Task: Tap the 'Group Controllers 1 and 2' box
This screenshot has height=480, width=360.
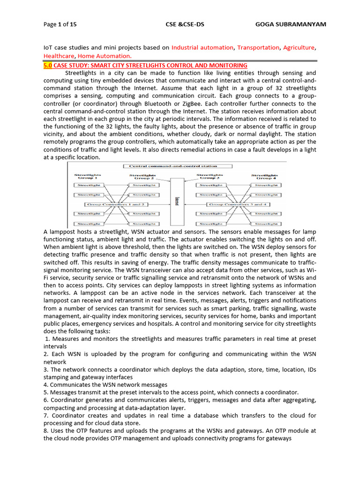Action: point(111,204)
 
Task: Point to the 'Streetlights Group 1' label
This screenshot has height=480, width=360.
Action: point(88,176)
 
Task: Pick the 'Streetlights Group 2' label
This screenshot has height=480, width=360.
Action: point(143,176)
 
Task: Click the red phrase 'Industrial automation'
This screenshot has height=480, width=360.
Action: point(202,47)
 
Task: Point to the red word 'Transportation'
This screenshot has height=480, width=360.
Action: point(258,47)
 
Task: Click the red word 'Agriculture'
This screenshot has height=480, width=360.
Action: point(299,47)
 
